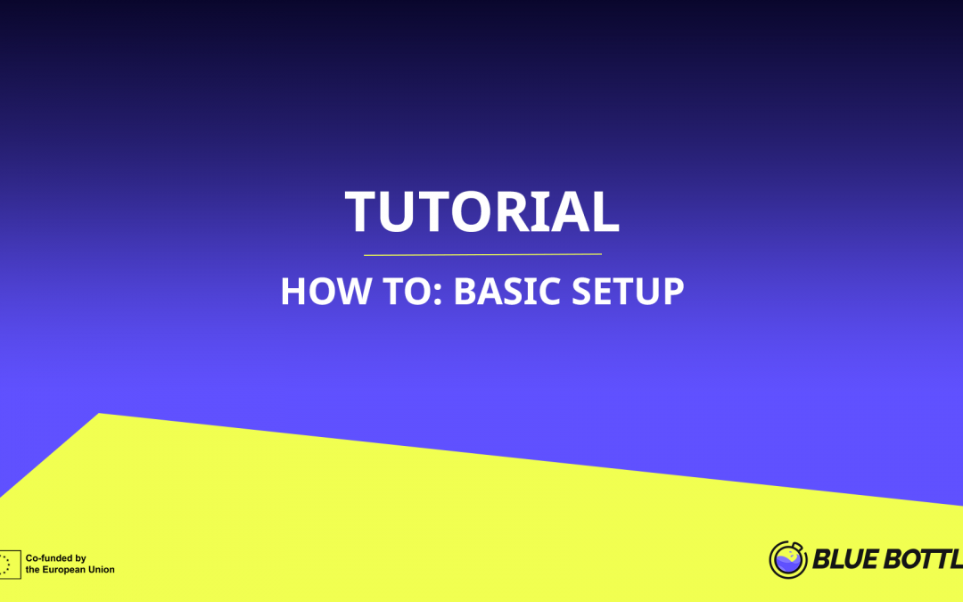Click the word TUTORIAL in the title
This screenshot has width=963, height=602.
click(481, 212)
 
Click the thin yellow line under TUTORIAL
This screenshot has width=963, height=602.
click(481, 255)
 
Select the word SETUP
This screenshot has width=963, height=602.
click(627, 292)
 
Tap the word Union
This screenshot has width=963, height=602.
click(101, 570)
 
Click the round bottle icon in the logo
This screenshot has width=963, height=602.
click(787, 559)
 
